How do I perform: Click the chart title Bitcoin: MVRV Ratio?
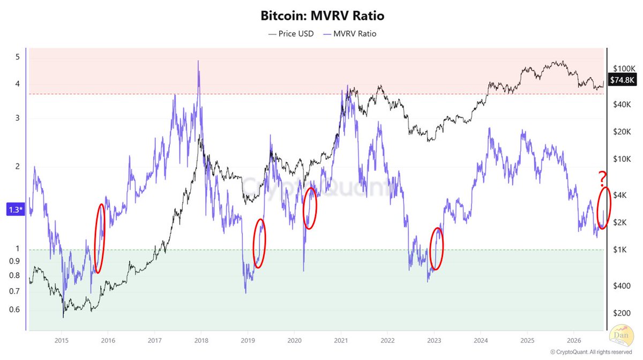(x=322, y=16)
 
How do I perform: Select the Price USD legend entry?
(x=291, y=34)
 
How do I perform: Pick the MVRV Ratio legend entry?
(x=349, y=34)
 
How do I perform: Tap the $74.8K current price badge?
(x=622, y=80)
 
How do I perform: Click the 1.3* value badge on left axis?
(x=16, y=209)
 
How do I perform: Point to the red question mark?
(x=602, y=178)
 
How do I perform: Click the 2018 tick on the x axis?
(x=201, y=341)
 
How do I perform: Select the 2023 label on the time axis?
(x=434, y=341)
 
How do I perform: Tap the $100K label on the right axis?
(x=624, y=69)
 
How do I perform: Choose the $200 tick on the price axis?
(x=622, y=313)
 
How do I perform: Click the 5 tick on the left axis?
(x=18, y=57)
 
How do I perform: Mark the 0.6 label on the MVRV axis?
(x=14, y=310)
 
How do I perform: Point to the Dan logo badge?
(x=621, y=335)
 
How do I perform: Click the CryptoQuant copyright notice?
(x=591, y=352)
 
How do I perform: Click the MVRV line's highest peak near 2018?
(x=198, y=61)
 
